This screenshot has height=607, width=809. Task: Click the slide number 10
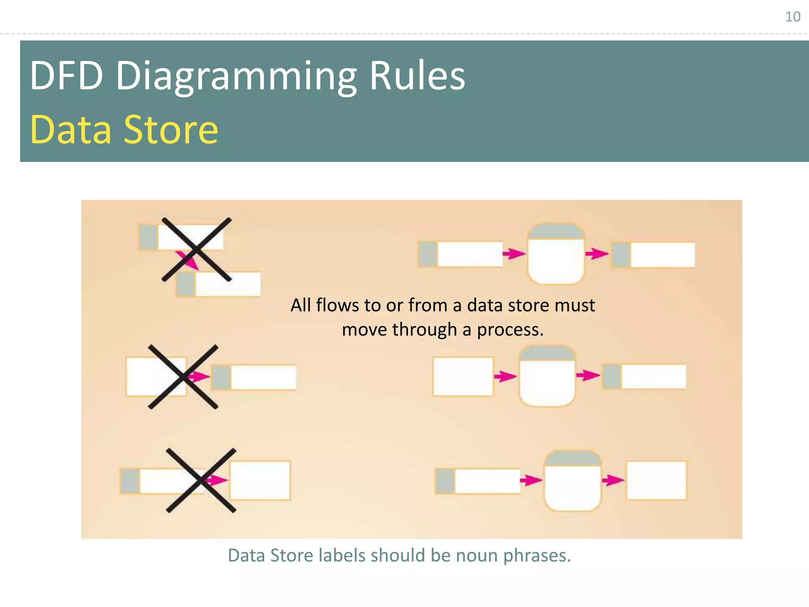pyautogui.click(x=792, y=17)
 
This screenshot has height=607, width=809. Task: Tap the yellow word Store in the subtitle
pyautogui.click(x=171, y=130)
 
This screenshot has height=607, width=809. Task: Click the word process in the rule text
pyautogui.click(x=510, y=330)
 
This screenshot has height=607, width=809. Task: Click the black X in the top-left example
pyautogui.click(x=197, y=249)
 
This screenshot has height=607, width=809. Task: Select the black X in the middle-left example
pyautogui.click(x=183, y=377)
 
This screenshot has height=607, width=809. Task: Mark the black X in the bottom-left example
pyautogui.click(x=201, y=480)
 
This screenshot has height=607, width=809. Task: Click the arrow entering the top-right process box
pyautogui.click(x=514, y=253)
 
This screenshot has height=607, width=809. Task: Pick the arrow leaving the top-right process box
pyautogui.click(x=597, y=253)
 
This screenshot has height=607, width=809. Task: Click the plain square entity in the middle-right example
pyautogui.click(x=463, y=376)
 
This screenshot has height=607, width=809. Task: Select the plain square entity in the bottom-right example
pyautogui.click(x=656, y=480)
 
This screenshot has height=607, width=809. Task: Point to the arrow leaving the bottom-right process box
pyautogui.click(x=613, y=480)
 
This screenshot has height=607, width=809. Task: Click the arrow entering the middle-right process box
pyautogui.click(x=505, y=376)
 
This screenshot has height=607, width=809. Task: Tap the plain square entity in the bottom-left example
pyautogui.click(x=260, y=480)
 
